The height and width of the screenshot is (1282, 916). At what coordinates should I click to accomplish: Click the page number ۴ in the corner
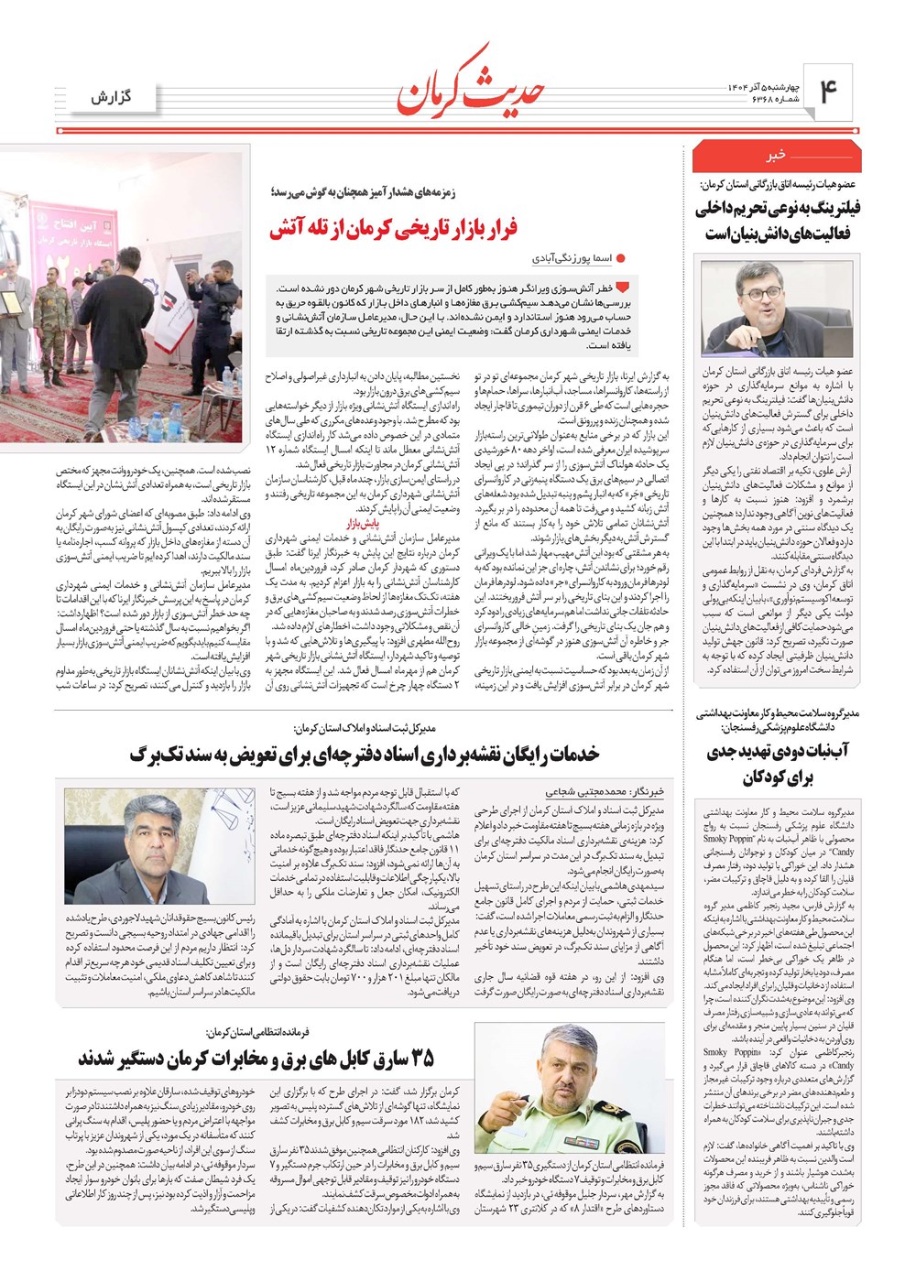(x=828, y=92)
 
